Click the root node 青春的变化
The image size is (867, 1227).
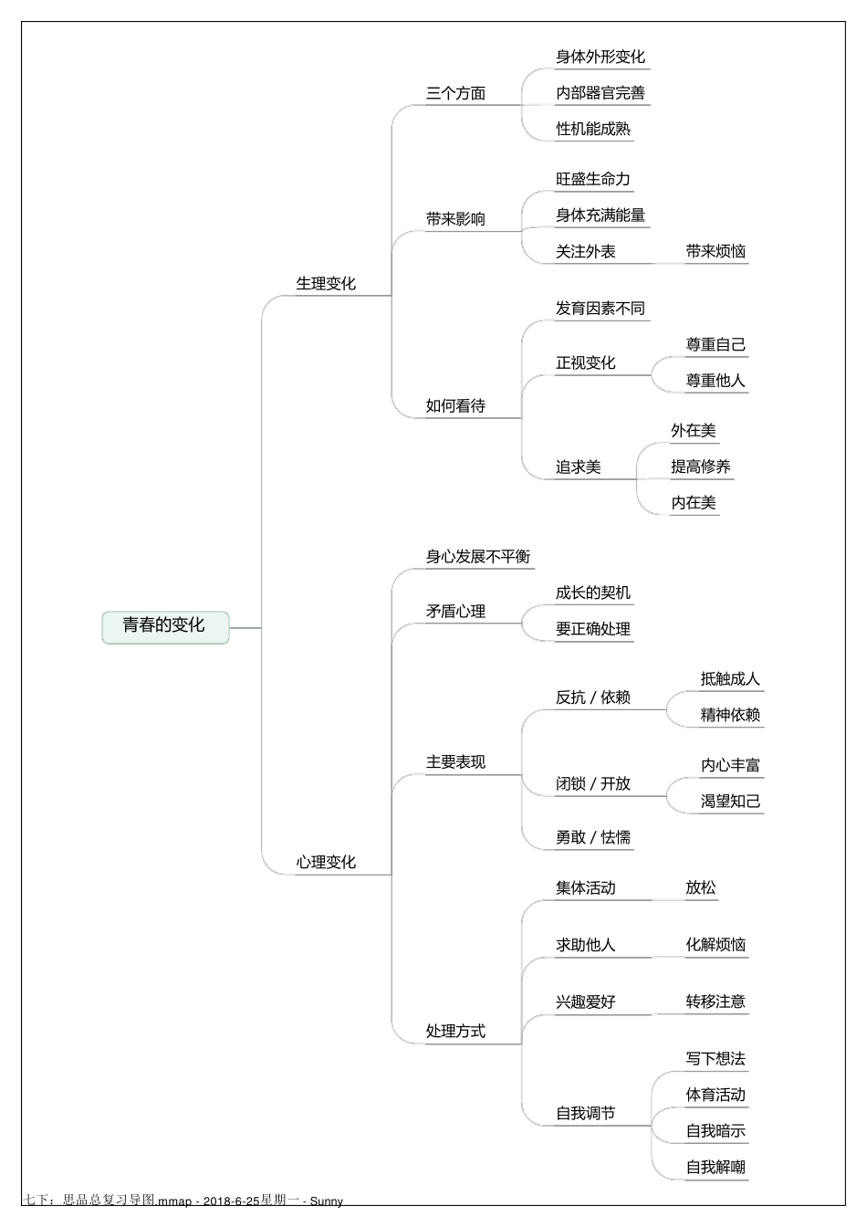pyautogui.click(x=164, y=626)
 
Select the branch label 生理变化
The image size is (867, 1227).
pyautogui.click(x=326, y=284)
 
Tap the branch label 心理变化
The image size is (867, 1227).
pyautogui.click(x=326, y=863)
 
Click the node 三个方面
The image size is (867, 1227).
pyautogui.click(x=455, y=93)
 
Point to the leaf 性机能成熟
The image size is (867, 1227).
pyautogui.click(x=593, y=130)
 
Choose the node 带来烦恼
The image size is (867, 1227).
pyautogui.click(x=716, y=252)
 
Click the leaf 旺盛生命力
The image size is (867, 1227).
pyautogui.click(x=593, y=180)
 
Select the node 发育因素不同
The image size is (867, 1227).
pyautogui.click(x=601, y=309)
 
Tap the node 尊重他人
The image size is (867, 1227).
pyautogui.click(x=716, y=381)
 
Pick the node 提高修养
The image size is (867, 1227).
pyautogui.click(x=701, y=467)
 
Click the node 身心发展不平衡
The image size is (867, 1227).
pyautogui.click(x=478, y=557)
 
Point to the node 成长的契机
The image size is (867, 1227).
pyautogui.click(x=593, y=593)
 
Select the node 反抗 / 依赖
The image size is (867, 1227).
pyautogui.click(x=593, y=697)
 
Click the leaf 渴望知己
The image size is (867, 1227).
pyautogui.click(x=730, y=802)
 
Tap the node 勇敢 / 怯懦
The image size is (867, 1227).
pyautogui.click(x=593, y=838)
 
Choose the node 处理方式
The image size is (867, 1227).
pyautogui.click(x=455, y=1032)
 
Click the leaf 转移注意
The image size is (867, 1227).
pyautogui.click(x=716, y=1002)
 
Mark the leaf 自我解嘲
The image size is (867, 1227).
pyautogui.click(x=716, y=1168)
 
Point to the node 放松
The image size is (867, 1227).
pyautogui.click(x=701, y=888)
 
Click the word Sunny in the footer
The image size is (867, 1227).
pyautogui.click(x=327, y=1201)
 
